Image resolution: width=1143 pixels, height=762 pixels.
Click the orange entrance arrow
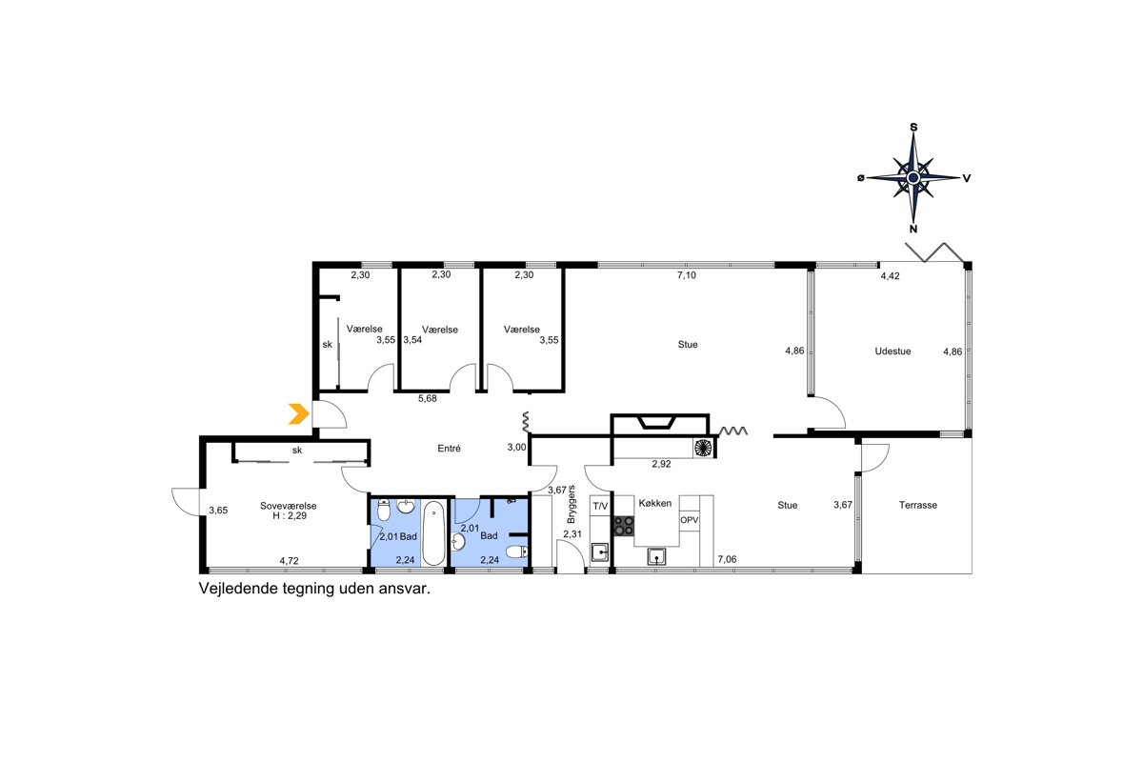(x=299, y=414)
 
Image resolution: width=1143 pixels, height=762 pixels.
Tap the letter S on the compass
(x=913, y=127)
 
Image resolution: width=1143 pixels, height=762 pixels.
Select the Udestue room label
(x=892, y=351)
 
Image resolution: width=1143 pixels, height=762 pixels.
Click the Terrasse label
(x=918, y=505)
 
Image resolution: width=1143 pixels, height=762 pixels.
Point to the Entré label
(x=449, y=448)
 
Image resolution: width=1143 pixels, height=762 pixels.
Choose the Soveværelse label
(x=289, y=506)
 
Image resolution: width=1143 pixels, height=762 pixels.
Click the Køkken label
(x=655, y=503)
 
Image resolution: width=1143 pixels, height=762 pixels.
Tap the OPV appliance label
(x=689, y=520)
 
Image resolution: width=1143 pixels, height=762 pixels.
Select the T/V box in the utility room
(x=600, y=507)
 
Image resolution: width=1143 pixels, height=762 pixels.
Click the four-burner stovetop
(x=624, y=526)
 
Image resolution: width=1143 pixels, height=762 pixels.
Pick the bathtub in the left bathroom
(x=433, y=532)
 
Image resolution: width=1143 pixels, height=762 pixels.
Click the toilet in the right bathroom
(x=516, y=551)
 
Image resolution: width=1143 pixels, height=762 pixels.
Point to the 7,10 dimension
(x=687, y=275)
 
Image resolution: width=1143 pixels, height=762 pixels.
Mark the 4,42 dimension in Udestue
(x=890, y=276)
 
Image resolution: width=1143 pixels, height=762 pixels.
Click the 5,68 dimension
(x=428, y=398)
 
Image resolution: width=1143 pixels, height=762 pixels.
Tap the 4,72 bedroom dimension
(x=289, y=561)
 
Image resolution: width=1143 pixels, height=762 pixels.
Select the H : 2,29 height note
(x=290, y=515)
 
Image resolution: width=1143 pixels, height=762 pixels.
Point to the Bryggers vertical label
(x=571, y=504)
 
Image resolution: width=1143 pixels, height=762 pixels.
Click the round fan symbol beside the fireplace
(x=703, y=448)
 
